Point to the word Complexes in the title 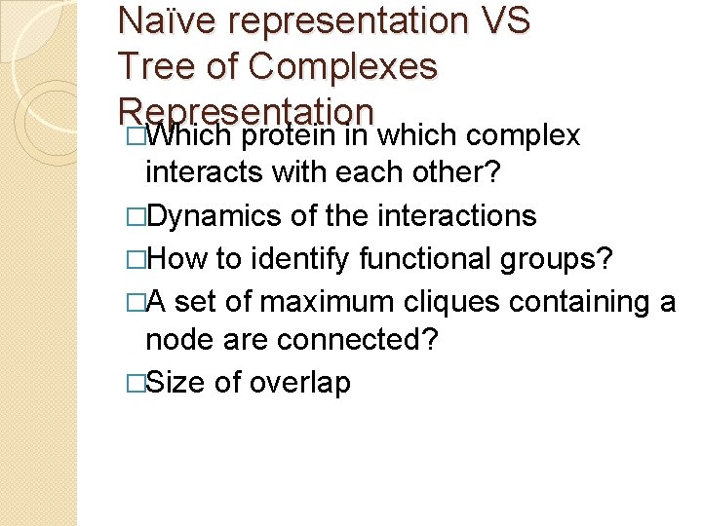click(342, 66)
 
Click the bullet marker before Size click(136, 384)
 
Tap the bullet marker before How click(136, 259)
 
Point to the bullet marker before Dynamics click(136, 216)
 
